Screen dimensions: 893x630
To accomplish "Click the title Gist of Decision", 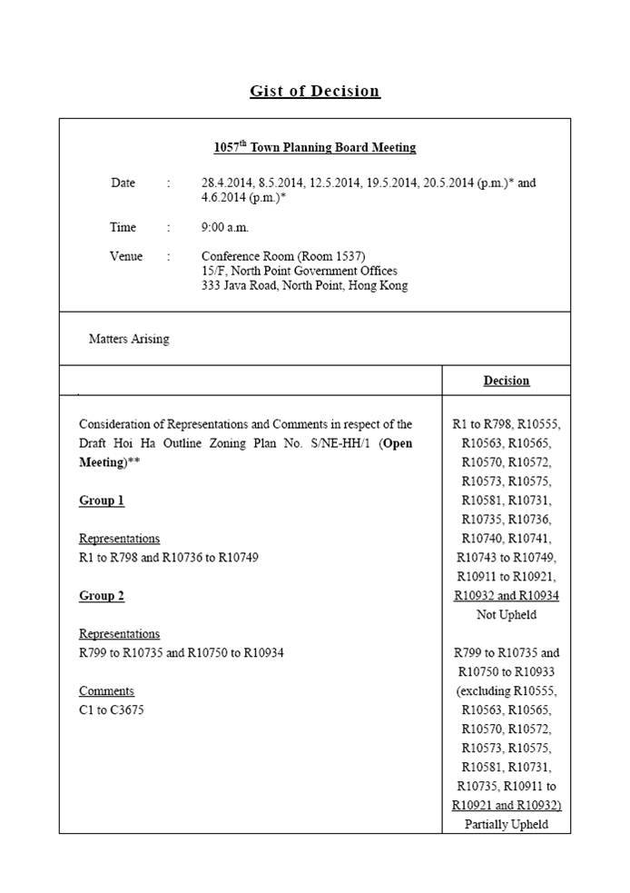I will [315, 91].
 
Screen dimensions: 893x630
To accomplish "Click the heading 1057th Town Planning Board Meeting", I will [314, 147].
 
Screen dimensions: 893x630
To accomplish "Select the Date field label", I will [123, 183].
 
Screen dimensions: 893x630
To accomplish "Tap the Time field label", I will [123, 227].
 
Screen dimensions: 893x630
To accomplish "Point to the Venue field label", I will [126, 256].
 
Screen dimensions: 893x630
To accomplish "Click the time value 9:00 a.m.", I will [224, 227].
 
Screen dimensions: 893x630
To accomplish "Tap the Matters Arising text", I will [129, 339].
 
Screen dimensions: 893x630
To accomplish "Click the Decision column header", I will [506, 381].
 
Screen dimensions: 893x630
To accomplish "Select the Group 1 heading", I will [102, 501].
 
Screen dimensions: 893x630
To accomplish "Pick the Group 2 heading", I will [102, 596].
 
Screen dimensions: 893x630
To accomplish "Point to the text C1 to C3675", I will [111, 709].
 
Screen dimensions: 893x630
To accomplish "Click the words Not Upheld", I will [506, 615].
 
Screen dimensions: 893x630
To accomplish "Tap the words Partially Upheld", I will [506, 825].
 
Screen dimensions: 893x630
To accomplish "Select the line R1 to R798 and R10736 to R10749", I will [168, 557].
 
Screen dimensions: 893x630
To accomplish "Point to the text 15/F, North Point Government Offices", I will [299, 271].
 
